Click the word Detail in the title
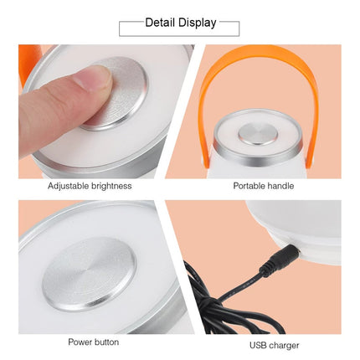click(160, 23)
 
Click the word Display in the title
click(198, 23)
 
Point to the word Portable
click(249, 186)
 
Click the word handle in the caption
click(280, 186)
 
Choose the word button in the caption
click(106, 342)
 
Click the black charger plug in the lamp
click(280, 259)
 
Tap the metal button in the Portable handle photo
click(258, 134)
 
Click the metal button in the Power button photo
click(90, 275)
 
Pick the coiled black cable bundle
click(232, 304)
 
